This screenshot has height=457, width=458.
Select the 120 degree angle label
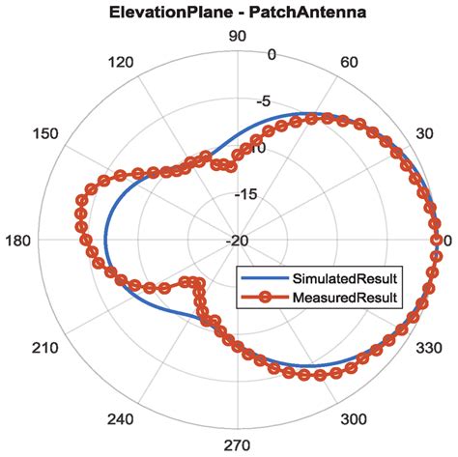coord(122,64)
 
